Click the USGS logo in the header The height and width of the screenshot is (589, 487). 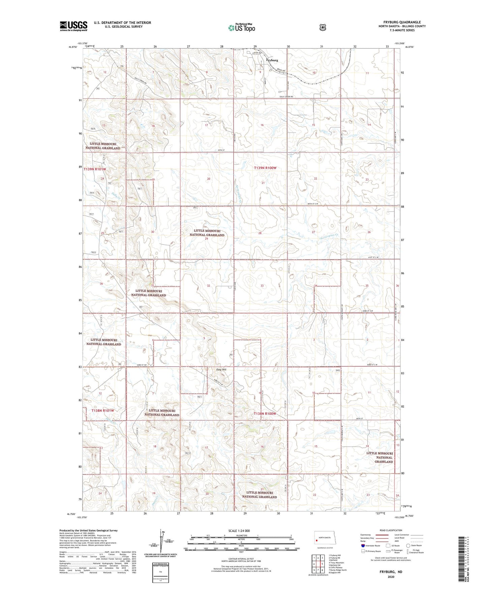(x=73, y=26)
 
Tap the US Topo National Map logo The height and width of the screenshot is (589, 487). (x=241, y=27)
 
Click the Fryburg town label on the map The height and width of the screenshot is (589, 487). (x=272, y=60)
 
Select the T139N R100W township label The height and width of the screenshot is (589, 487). (x=265, y=168)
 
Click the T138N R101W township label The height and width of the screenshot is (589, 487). (x=103, y=411)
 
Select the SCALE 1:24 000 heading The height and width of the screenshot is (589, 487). (x=239, y=531)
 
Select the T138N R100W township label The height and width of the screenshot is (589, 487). (x=265, y=414)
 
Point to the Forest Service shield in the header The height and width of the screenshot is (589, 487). (x=323, y=27)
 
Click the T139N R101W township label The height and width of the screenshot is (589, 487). (x=95, y=169)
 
